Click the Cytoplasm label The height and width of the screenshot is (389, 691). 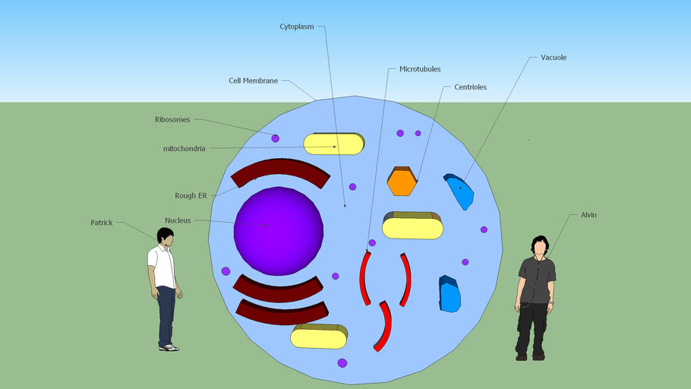297,27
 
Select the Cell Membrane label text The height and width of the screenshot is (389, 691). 253,81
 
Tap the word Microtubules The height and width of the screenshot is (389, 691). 420,69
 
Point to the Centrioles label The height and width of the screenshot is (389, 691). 470,87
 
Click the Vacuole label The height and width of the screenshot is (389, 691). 554,57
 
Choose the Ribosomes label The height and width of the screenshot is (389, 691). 172,119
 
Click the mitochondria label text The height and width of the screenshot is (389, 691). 185,149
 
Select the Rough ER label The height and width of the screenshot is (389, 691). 191,195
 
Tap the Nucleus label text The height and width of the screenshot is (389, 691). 178,220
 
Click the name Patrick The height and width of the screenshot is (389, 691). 101,223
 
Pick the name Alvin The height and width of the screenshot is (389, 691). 588,215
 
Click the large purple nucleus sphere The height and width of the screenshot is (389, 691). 279,231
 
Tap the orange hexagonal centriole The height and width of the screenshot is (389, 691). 402,182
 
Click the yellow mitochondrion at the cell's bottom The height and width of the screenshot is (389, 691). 319,337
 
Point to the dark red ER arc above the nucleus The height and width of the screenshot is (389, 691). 280,168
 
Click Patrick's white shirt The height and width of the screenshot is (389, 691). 162,266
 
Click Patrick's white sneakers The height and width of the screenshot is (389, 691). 169,347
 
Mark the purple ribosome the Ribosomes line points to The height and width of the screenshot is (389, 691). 276,138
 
